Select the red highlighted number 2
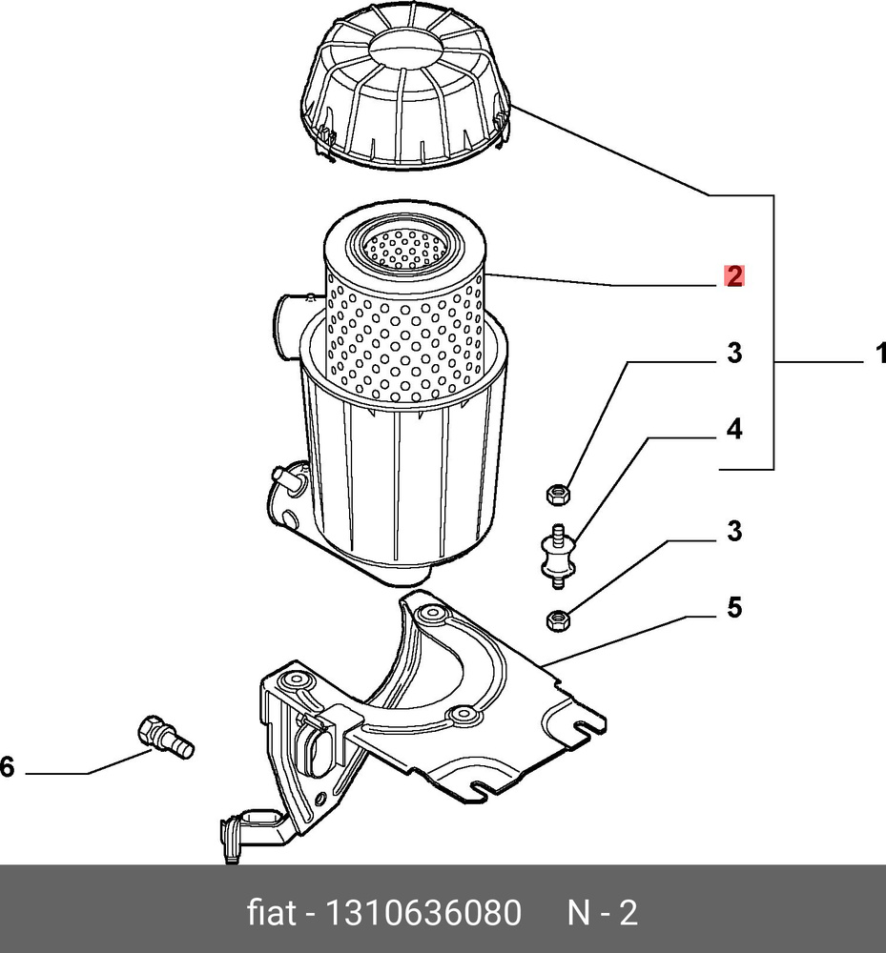[x=732, y=276]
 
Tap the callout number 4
[x=732, y=430]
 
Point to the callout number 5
[x=733, y=607]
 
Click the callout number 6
[x=8, y=765]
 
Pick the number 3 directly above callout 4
[x=732, y=354]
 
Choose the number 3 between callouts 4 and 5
[x=732, y=532]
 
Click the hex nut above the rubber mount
[x=558, y=494]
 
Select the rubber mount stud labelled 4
[x=554, y=555]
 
